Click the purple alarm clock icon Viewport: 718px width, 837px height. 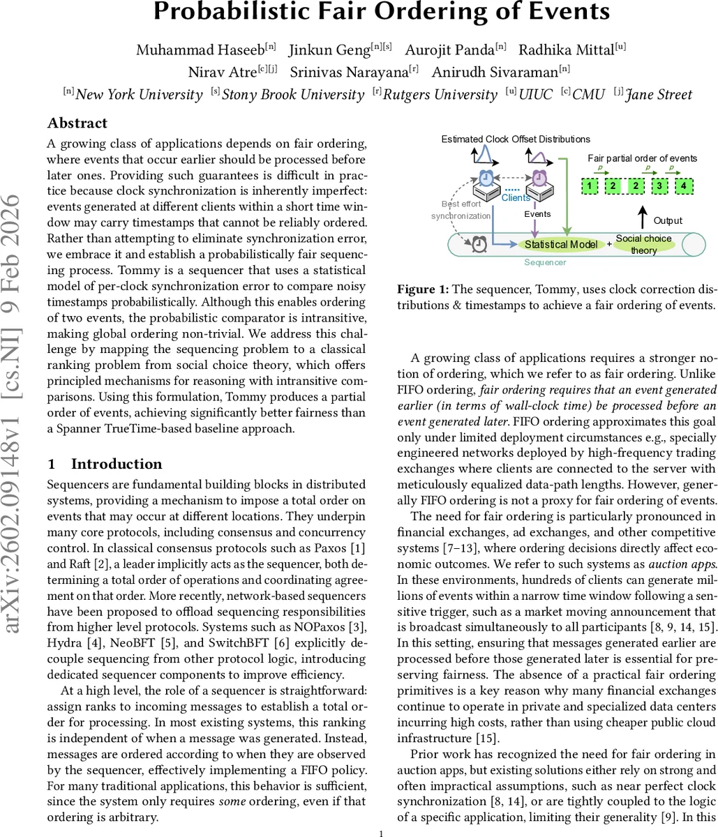[x=539, y=178]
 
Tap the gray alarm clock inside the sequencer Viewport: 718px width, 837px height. [x=479, y=243]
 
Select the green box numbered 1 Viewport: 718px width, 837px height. [x=590, y=186]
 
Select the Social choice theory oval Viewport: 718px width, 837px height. [x=643, y=244]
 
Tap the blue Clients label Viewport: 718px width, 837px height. [x=516, y=198]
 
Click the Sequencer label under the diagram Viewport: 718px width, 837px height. [x=546, y=262]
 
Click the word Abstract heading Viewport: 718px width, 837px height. [x=77, y=123]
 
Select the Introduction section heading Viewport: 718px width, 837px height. [x=117, y=465]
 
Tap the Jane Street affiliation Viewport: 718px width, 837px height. [x=659, y=95]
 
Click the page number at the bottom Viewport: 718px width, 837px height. [x=381, y=833]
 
